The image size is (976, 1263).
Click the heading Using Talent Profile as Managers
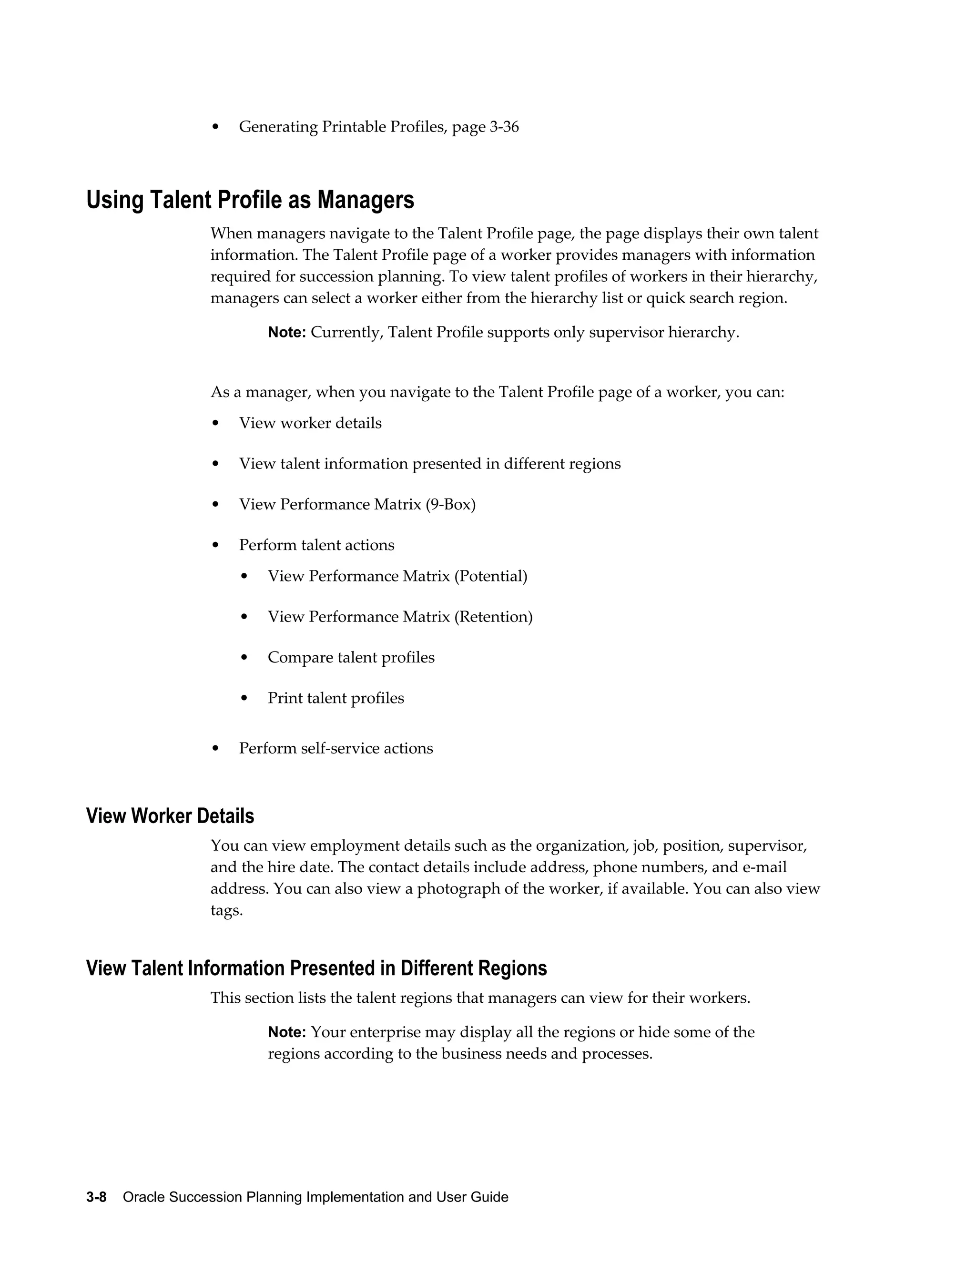(x=250, y=200)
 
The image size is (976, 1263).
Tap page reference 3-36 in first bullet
(x=504, y=127)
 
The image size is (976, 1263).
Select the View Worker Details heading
(x=170, y=816)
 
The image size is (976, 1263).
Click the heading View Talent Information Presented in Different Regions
(x=316, y=968)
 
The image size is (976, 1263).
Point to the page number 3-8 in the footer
(x=96, y=1197)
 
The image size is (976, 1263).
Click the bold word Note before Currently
(x=286, y=333)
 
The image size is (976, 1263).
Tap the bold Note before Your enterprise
(x=286, y=1032)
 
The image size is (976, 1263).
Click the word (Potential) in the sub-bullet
(x=490, y=576)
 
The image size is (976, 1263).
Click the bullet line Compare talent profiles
(x=351, y=658)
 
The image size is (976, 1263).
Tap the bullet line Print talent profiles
(x=336, y=698)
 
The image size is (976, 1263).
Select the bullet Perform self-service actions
(x=336, y=748)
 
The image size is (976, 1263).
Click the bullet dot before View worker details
(x=216, y=423)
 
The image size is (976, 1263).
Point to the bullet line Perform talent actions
(x=316, y=545)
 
